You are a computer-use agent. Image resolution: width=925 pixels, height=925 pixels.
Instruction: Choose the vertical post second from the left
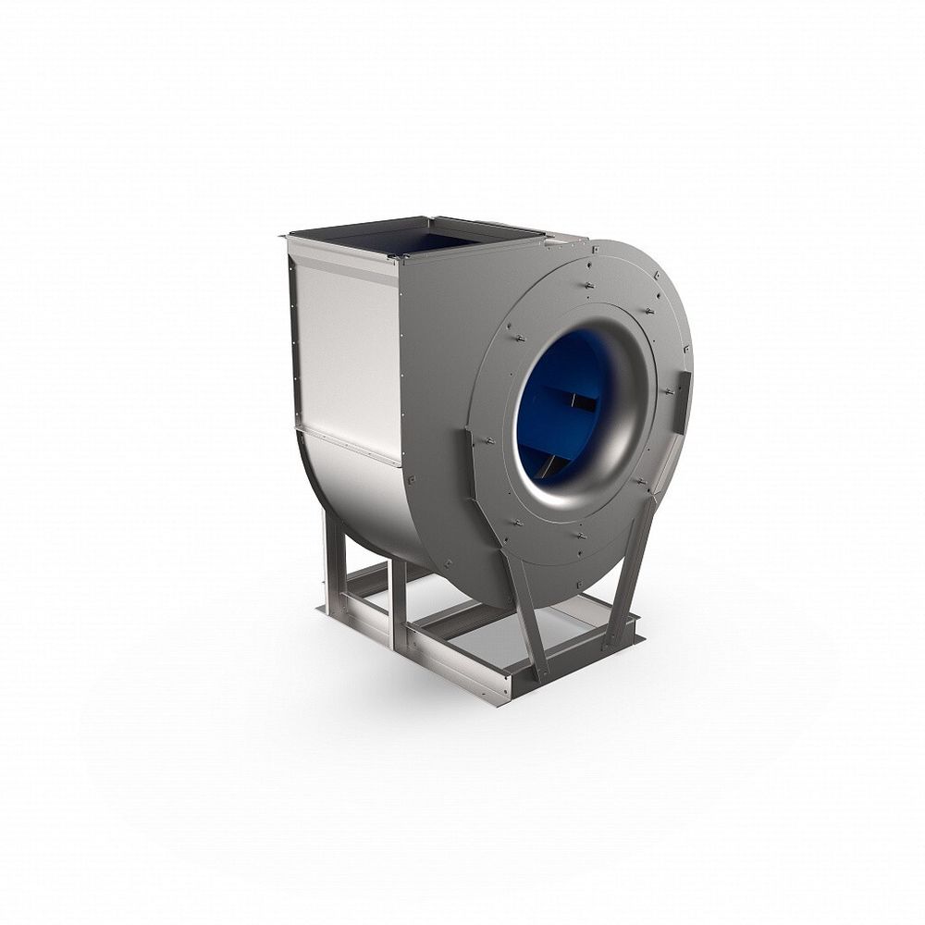coord(398,601)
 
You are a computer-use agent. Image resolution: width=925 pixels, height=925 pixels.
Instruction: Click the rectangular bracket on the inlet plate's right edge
coord(683,402)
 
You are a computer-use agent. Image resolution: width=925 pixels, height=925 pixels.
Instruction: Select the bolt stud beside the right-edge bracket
coord(667,392)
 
